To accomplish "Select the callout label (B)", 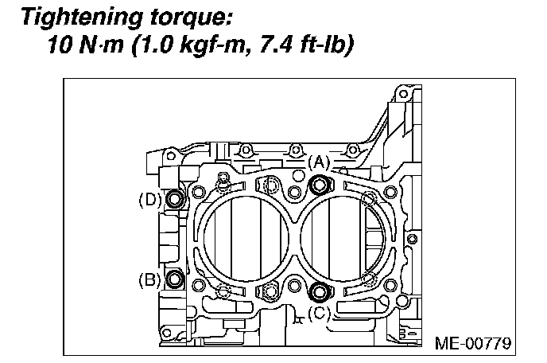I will click(149, 279).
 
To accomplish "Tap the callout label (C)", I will click(318, 313).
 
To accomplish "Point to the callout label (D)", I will click(149, 199).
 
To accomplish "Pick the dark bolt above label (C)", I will click(320, 291).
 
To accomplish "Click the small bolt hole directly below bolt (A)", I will click(295, 193).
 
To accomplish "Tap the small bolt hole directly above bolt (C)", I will click(295, 283).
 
